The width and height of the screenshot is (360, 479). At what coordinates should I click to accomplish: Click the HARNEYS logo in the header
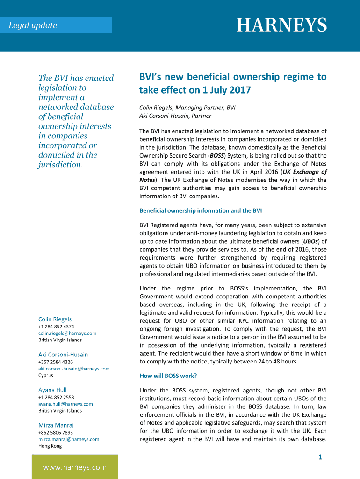pos(281,25)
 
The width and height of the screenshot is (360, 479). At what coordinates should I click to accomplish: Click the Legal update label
pos(33,25)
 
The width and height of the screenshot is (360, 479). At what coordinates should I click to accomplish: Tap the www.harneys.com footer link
pos(75,467)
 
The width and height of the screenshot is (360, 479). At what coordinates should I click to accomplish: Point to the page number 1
pos(320,457)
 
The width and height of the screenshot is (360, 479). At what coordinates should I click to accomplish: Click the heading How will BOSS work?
pos(168,376)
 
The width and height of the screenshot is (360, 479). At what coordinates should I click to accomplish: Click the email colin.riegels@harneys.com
pos(67,333)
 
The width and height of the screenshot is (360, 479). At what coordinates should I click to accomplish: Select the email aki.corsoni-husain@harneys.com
pos(74,369)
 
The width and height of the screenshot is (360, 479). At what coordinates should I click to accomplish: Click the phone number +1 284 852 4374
pos(56,327)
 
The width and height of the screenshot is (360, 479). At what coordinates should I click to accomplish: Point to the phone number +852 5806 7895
pos(56,433)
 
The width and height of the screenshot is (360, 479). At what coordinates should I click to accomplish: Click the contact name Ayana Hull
pos(52,390)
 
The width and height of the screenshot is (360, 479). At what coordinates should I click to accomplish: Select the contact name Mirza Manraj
pos(56,425)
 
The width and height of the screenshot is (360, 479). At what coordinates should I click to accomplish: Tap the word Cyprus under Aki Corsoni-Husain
pos(46,375)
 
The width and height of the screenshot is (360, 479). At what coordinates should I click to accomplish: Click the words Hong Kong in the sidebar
pos(50,446)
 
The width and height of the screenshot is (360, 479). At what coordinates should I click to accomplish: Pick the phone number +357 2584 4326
pos(56,362)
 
